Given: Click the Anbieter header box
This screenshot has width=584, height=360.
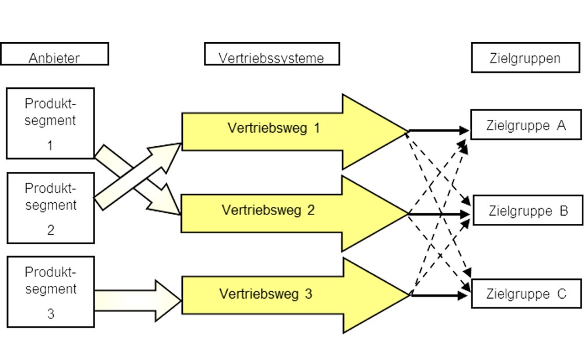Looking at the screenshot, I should point(54,54).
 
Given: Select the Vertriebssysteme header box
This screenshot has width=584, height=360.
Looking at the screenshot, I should point(272,54).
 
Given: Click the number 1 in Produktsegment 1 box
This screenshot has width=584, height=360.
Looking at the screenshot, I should point(50,146).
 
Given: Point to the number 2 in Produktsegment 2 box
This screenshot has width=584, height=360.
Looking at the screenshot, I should point(50,230).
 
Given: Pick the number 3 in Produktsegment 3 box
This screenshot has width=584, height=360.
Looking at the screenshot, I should point(50,314).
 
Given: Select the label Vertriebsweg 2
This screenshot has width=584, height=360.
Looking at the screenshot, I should point(268,210).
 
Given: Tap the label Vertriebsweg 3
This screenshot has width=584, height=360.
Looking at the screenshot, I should point(266,295).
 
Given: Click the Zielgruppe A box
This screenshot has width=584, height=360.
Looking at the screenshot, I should point(526,126).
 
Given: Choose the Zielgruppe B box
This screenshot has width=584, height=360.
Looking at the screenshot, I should point(527,211).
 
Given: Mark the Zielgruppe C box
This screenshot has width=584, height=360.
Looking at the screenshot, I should point(526,295).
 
